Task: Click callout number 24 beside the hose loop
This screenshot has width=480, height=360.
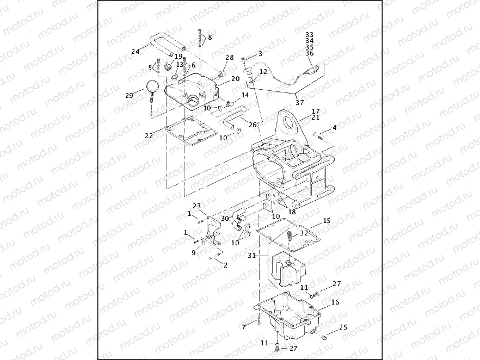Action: (135, 52)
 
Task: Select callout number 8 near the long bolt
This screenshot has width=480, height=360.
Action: (210, 38)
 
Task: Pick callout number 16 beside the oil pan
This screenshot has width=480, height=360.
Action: (335, 302)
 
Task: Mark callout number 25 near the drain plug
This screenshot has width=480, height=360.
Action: (343, 327)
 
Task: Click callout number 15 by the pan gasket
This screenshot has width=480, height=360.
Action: (327, 221)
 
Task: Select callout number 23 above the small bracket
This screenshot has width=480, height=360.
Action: (197, 206)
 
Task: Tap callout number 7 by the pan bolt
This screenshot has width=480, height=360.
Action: (244, 326)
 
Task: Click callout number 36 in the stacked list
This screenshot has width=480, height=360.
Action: (310, 53)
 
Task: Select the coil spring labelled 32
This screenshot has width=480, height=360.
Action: (288, 238)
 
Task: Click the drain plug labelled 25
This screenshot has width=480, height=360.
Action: (324, 338)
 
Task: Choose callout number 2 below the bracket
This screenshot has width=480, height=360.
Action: (225, 265)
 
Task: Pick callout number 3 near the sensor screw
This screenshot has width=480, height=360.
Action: (260, 54)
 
